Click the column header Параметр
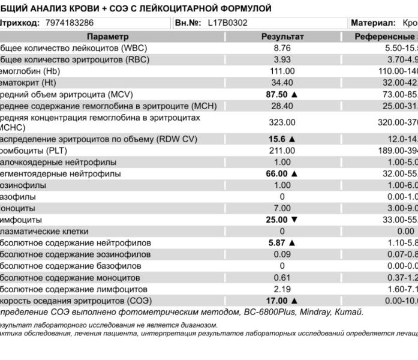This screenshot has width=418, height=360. pyautogui.click(x=107, y=37)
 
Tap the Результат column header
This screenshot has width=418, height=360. pyautogui.click(x=282, y=37)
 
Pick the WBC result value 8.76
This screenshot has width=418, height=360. pyautogui.click(x=282, y=48)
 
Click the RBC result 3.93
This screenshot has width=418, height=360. pyautogui.click(x=282, y=59)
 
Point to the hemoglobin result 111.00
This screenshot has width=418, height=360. pyautogui.click(x=282, y=71)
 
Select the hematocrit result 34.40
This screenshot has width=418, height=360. pyautogui.click(x=282, y=82)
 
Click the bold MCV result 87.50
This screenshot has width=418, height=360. pyautogui.click(x=277, y=94)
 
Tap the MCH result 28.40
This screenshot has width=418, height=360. pyautogui.click(x=282, y=106)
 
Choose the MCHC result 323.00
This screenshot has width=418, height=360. pyautogui.click(x=282, y=122)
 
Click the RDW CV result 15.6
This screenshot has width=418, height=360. pyautogui.click(x=277, y=139)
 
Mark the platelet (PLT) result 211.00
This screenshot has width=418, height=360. pyautogui.click(x=282, y=151)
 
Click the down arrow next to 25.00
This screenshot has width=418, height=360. pyautogui.click(x=294, y=220)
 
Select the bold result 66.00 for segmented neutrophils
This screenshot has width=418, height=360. pyautogui.click(x=277, y=173)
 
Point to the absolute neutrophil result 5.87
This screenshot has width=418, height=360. pyautogui.click(x=277, y=243)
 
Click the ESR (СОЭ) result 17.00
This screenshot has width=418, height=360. pyautogui.click(x=277, y=300)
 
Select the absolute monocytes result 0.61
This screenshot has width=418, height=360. pyautogui.click(x=282, y=277)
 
